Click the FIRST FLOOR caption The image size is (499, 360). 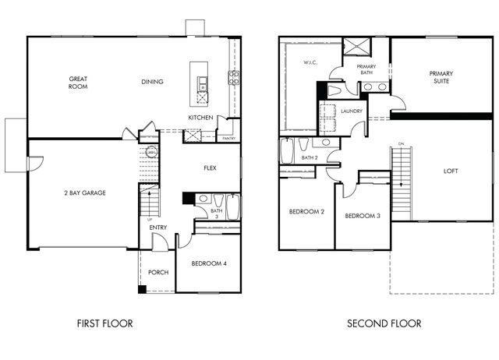tap(104, 323)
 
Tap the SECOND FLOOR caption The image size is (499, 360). tap(384, 323)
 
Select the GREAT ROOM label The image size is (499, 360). tap(78, 83)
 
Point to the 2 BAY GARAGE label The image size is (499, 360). tap(85, 192)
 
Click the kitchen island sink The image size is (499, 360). tap(202, 84)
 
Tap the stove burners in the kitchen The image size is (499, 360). tap(234, 78)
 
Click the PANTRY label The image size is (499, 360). tap(229, 139)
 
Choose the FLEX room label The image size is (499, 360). tap(210, 168)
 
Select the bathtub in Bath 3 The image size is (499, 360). tap(233, 206)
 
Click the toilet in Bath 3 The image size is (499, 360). tap(218, 199)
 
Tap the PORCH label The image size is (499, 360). tap(158, 272)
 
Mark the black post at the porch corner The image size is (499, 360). tap(142, 289)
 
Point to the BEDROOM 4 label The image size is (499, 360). tap(209, 263)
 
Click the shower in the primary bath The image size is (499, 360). tap(357, 47)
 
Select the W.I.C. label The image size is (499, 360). tap(310, 62)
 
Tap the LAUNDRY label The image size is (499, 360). tap(352, 111)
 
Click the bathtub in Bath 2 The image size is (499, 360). tap(286, 150)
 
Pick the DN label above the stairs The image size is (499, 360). tap(402, 144)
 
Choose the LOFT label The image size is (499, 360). tap(451, 171)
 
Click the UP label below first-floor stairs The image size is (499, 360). tap(150, 220)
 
